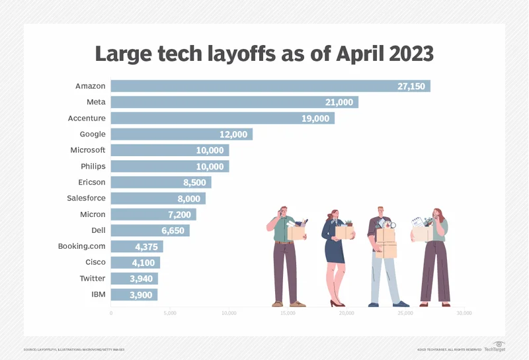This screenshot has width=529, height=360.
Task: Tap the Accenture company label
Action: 87,118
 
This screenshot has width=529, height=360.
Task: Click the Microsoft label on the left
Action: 88,150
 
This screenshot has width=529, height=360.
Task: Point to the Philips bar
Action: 169,166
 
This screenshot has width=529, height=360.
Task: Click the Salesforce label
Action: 86,198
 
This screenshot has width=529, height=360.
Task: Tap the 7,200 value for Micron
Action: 180,214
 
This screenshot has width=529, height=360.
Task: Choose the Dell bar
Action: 149,230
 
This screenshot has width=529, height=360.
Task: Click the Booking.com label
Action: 82,246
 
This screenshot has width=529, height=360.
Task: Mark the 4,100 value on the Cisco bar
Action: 144,263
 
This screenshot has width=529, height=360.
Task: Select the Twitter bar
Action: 134,279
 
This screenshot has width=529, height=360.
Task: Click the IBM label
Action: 97,294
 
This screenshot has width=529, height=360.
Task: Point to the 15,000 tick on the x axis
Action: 287,312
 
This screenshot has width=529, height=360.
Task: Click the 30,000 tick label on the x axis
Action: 464,312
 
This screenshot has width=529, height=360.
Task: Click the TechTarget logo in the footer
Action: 495,348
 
